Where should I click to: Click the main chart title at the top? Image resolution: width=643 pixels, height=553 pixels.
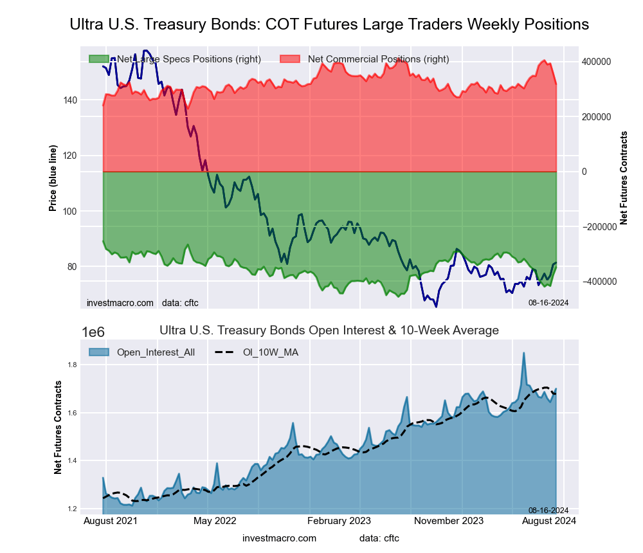coord(329,24)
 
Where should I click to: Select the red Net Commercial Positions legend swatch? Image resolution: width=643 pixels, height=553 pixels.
coord(290,59)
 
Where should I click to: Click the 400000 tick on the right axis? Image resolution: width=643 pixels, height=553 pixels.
coord(596,62)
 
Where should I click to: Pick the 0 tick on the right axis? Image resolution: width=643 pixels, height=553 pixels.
coord(585,172)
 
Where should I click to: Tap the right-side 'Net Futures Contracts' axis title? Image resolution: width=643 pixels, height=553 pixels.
coord(623,177)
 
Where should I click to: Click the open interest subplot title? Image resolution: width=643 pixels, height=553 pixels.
coord(329,331)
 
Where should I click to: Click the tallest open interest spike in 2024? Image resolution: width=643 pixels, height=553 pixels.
coord(524,353)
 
